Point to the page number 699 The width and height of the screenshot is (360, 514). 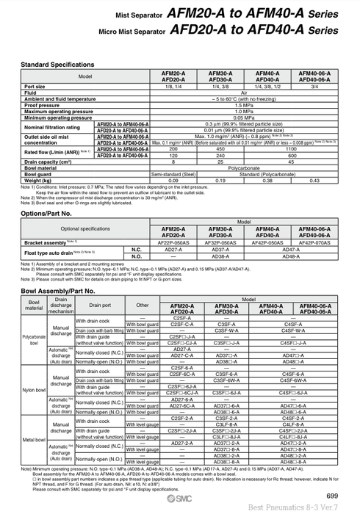(x=332, y=496)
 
